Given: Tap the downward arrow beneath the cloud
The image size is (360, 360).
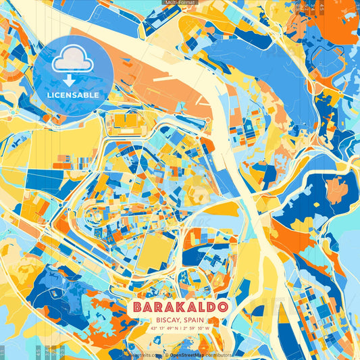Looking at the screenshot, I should tap(72, 80).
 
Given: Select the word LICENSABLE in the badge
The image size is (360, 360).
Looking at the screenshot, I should tap(72, 95).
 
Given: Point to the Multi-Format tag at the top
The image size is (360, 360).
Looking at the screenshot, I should tap(179, 3).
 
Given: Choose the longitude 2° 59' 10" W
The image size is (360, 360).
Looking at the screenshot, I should tap(201, 329).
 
